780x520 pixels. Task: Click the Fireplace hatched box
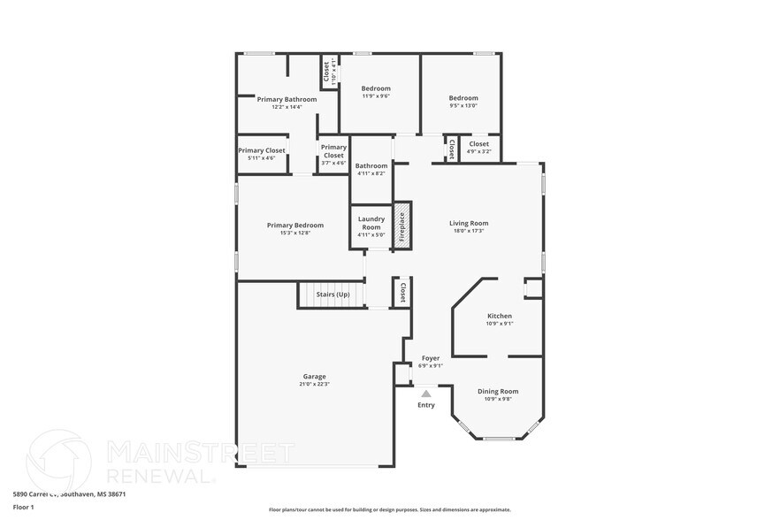pyautogui.click(x=402, y=226)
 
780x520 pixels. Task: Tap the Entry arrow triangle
pyautogui.click(x=426, y=393)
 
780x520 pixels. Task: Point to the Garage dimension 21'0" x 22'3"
pyautogui.click(x=315, y=384)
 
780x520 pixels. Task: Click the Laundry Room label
pyautogui.click(x=371, y=223)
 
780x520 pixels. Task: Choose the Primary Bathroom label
pyautogui.click(x=287, y=99)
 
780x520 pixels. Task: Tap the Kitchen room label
pyautogui.click(x=500, y=316)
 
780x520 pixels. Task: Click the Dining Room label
pyautogui.click(x=498, y=391)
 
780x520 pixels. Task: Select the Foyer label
pyautogui.click(x=431, y=358)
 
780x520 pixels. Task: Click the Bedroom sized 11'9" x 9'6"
pyautogui.click(x=376, y=88)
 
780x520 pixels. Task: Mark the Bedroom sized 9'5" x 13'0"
pyautogui.click(x=463, y=98)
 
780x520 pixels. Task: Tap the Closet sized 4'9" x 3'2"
pyautogui.click(x=478, y=144)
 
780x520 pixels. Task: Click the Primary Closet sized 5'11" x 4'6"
pyautogui.click(x=262, y=150)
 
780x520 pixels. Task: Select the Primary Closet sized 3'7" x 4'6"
pyautogui.click(x=333, y=151)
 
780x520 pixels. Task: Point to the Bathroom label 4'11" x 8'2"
pyautogui.click(x=371, y=165)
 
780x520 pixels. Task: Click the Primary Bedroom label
pyautogui.click(x=295, y=225)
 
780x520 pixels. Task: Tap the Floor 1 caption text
pyautogui.click(x=24, y=507)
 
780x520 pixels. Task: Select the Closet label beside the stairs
pyautogui.click(x=402, y=293)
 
